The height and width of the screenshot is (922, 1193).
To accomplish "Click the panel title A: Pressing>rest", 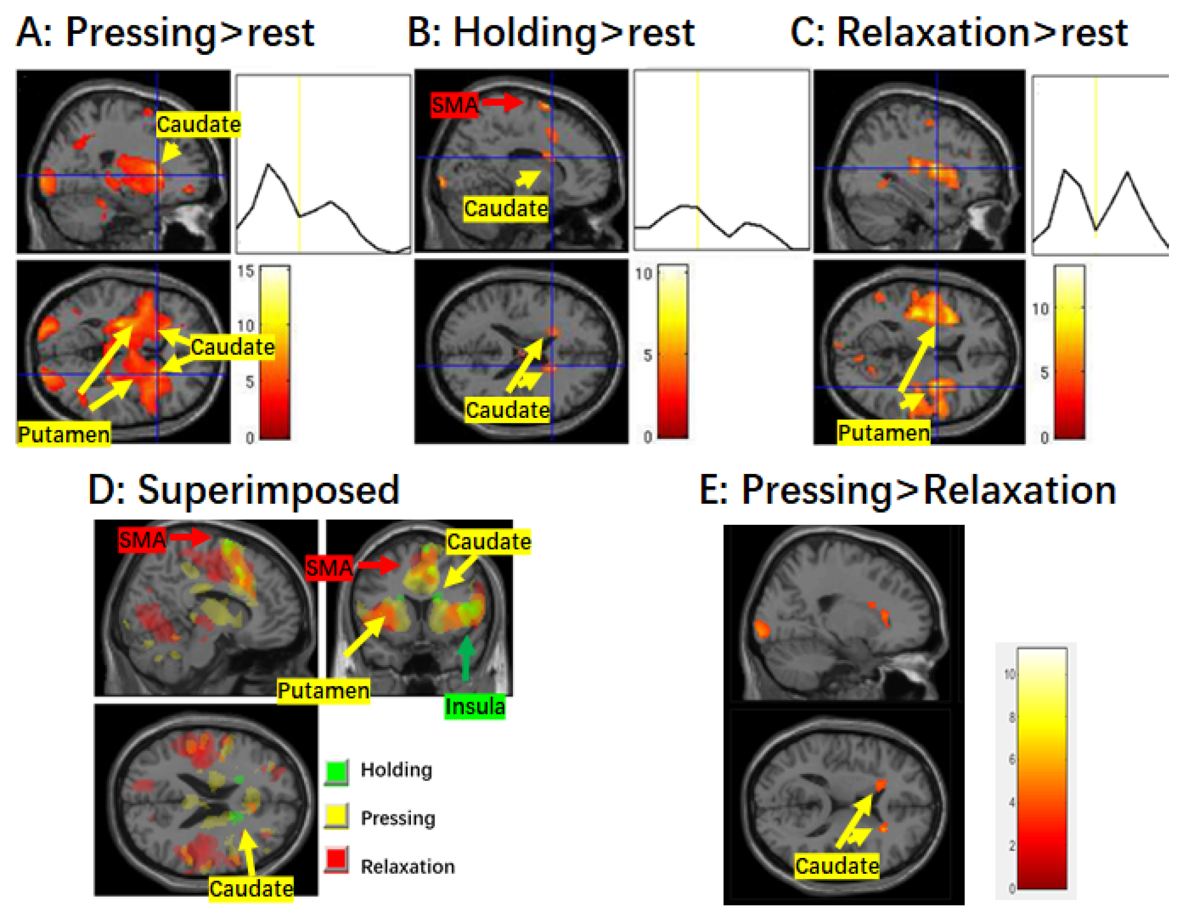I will click(165, 33).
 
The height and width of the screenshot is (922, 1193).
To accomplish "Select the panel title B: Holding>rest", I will click(551, 33).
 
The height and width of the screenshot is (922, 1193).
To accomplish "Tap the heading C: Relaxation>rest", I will click(958, 33).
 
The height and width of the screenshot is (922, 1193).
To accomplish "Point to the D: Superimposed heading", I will click(244, 490).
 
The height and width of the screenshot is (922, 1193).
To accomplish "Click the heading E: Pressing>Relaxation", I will click(907, 490).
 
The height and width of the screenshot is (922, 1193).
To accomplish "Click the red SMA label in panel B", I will click(454, 105).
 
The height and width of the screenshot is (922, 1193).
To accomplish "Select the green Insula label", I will click(475, 706).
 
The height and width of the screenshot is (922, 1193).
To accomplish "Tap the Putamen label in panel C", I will click(883, 433).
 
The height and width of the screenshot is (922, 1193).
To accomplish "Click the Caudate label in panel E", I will click(836, 865).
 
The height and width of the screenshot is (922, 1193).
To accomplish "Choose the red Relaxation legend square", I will click(337, 859).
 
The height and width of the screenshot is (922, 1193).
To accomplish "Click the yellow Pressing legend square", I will click(337, 816).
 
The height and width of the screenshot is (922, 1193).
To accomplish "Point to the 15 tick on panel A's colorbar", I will click(246, 271).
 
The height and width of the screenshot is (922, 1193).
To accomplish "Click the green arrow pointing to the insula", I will click(467, 658).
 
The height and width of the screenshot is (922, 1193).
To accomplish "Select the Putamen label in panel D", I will click(323, 691).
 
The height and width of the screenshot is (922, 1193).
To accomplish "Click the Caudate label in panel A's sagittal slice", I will click(198, 124).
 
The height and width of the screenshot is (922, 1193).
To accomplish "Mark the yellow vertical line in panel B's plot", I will click(697, 160).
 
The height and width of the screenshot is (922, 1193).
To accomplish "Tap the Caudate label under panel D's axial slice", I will click(251, 888).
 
